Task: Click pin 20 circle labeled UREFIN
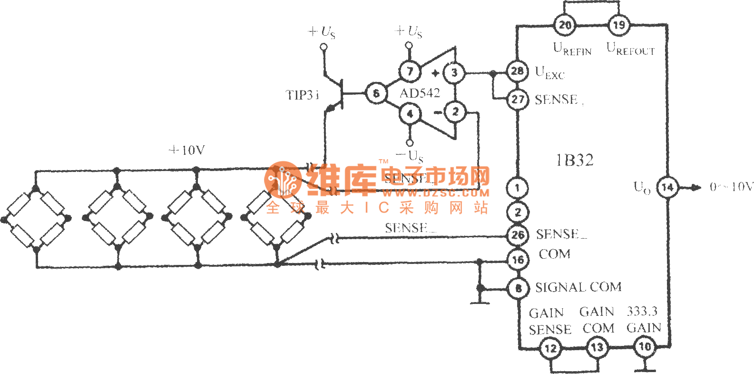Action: pyautogui.click(x=565, y=25)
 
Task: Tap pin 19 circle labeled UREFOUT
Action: pyautogui.click(x=618, y=25)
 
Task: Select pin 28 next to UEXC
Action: pyautogui.click(x=517, y=71)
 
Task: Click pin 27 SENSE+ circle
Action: pyautogui.click(x=517, y=99)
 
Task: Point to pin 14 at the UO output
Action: pyautogui.click(x=667, y=187)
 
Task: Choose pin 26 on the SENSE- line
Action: pyautogui.click(x=517, y=234)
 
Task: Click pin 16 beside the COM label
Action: pyautogui.click(x=517, y=260)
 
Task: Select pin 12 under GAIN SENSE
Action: pyautogui.click(x=550, y=348)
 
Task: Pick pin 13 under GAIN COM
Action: pyautogui.click(x=597, y=347)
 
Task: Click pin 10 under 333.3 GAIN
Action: pyautogui.click(x=645, y=346)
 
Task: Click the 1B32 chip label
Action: pyautogui.click(x=575, y=160)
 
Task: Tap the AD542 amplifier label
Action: pyautogui.click(x=420, y=93)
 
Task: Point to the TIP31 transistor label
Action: pyautogui.click(x=302, y=95)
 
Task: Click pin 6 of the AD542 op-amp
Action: pyautogui.click(x=376, y=93)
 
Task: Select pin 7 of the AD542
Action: pyautogui.click(x=410, y=71)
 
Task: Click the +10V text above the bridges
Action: pyautogui.click(x=187, y=150)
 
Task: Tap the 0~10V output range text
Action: pyautogui.click(x=731, y=187)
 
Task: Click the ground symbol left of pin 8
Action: pyautogui.click(x=480, y=300)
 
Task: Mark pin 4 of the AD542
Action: pyautogui.click(x=410, y=114)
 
